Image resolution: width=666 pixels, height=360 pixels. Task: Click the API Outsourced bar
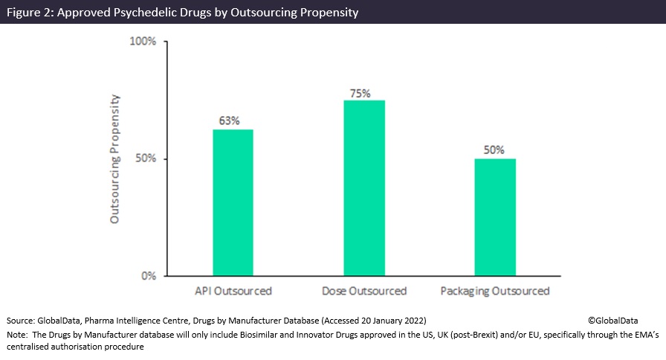233,202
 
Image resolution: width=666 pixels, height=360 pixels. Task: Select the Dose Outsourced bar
364,188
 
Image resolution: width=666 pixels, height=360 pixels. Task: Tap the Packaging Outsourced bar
495,217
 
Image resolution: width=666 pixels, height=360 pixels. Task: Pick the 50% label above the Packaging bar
494,150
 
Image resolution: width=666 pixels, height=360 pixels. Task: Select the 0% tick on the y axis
147,276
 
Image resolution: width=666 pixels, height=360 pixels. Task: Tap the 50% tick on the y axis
145,159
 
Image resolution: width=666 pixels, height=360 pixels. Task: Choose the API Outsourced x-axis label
233,291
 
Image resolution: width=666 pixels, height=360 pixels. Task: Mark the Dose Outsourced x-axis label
364,291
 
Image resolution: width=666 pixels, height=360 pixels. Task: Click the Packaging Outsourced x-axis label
495,291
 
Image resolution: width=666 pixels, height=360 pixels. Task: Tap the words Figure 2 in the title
28,12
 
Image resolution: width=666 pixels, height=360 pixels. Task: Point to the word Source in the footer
20,320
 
